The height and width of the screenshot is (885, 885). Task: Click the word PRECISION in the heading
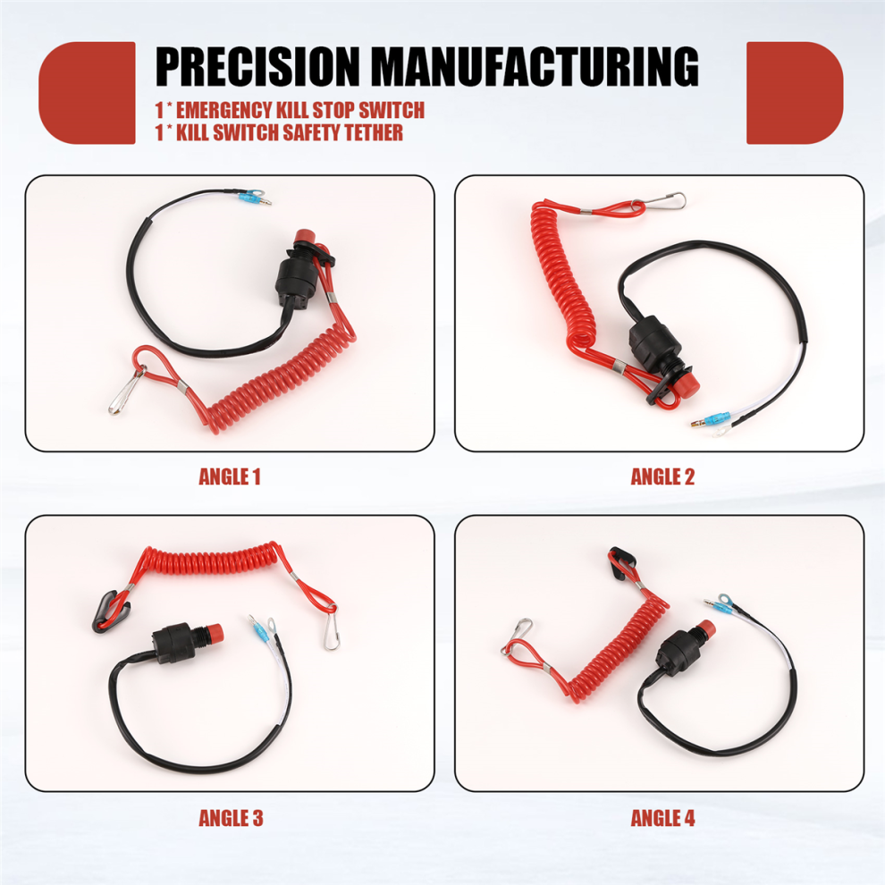(257, 67)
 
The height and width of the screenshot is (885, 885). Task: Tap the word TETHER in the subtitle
(374, 132)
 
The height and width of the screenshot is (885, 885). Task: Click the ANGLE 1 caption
(230, 477)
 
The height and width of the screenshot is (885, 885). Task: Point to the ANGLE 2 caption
(662, 477)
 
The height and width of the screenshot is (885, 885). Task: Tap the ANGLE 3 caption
(231, 818)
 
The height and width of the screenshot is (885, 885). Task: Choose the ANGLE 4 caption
(662, 818)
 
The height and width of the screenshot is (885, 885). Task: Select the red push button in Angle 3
(214, 633)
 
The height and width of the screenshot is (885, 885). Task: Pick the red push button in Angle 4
(704, 628)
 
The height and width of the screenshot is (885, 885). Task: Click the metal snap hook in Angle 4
(517, 635)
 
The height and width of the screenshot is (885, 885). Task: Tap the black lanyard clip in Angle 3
(109, 611)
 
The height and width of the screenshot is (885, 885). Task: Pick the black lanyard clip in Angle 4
(621, 561)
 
